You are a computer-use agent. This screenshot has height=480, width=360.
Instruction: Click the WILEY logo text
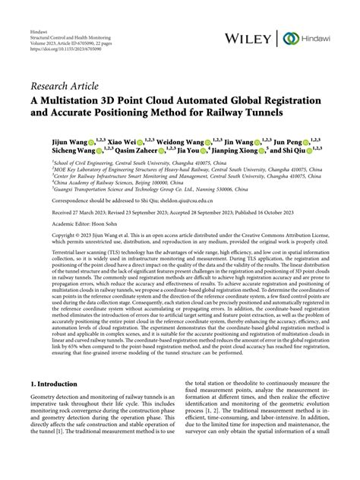point(250,38)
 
